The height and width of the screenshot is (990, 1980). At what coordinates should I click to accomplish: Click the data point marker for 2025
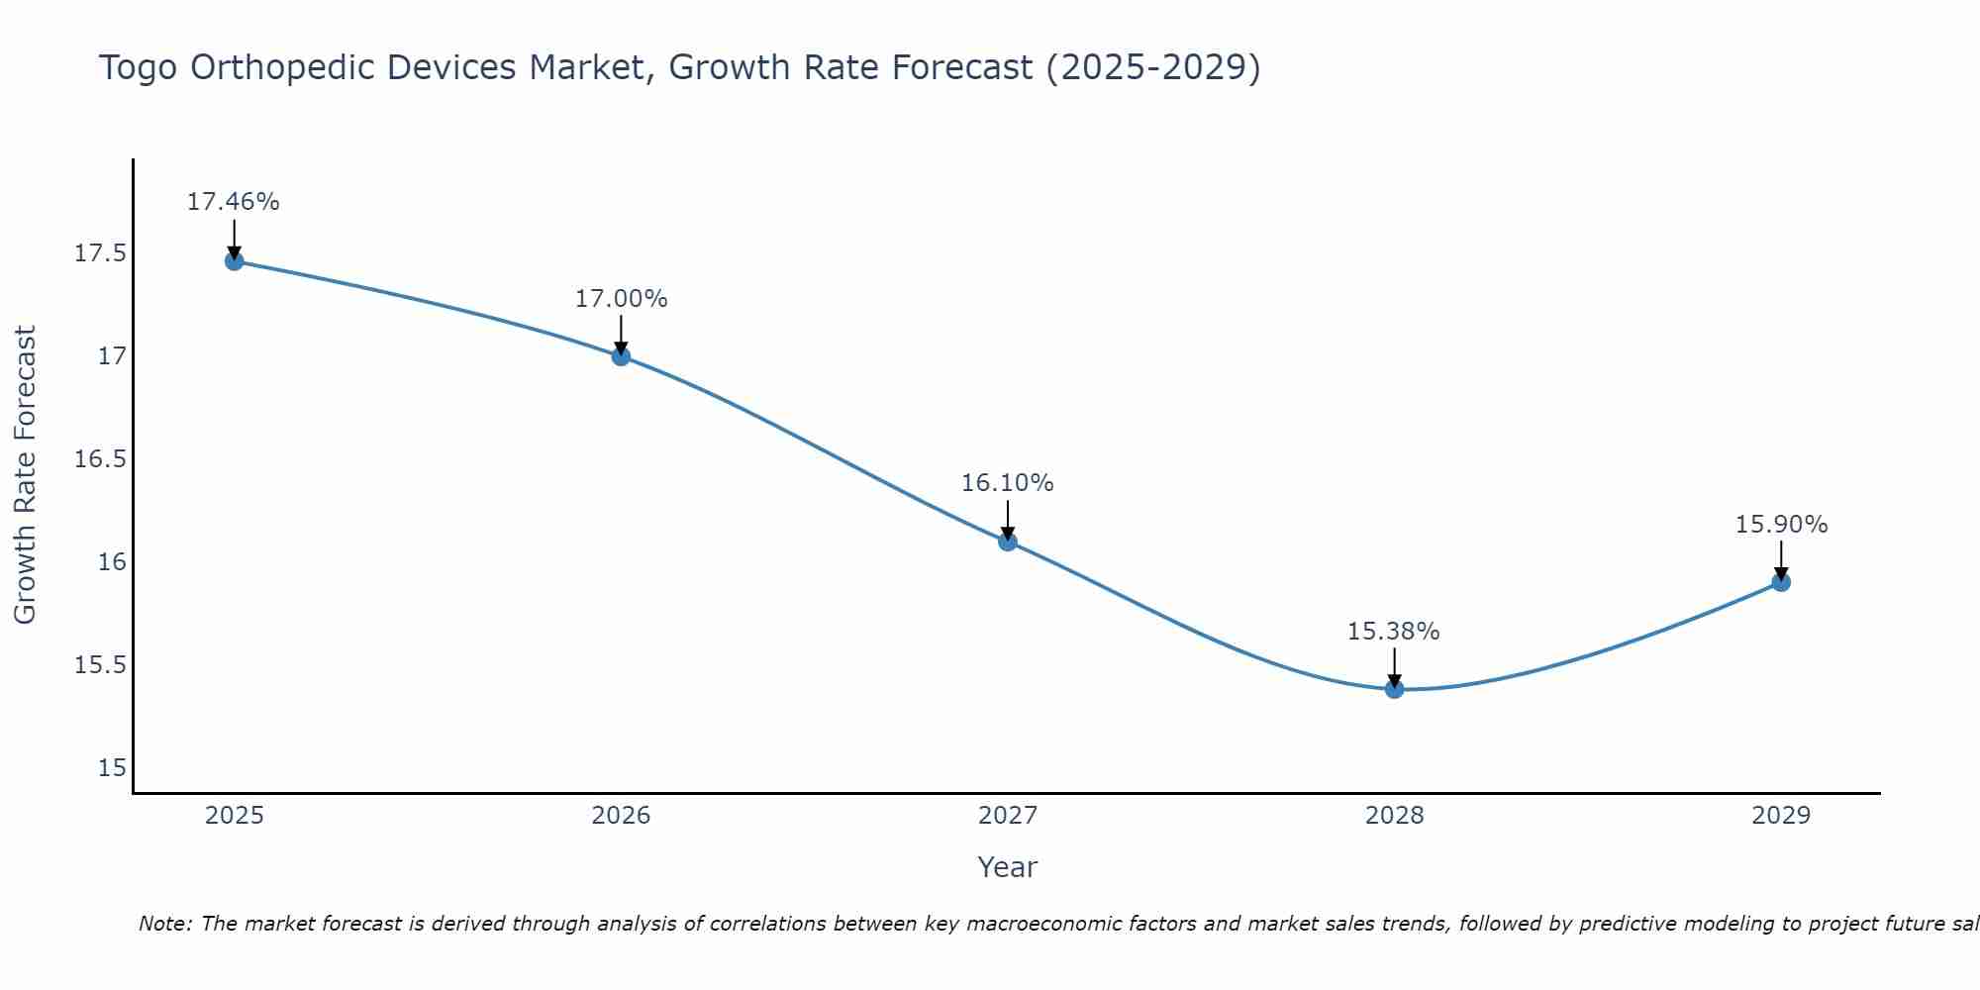click(234, 261)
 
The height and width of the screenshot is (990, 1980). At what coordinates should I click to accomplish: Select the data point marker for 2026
click(621, 355)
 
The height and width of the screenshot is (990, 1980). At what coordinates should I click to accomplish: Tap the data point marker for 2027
click(1008, 541)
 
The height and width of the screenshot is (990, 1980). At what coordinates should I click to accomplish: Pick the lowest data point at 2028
click(1394, 688)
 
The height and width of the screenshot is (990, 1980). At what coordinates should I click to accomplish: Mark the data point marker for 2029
click(1781, 582)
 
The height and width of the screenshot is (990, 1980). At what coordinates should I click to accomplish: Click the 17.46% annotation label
click(234, 202)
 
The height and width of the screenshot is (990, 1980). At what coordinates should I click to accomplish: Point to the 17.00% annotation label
click(621, 299)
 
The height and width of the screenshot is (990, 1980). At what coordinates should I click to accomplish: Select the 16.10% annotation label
click(1008, 483)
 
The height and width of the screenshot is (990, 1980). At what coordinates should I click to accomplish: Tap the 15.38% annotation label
click(1394, 632)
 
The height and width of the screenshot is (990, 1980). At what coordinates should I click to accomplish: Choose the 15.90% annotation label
click(1781, 525)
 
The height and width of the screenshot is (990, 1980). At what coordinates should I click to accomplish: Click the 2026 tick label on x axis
click(621, 816)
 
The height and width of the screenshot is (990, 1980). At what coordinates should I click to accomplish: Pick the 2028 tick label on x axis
click(1394, 816)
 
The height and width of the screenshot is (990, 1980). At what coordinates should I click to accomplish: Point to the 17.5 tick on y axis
click(100, 254)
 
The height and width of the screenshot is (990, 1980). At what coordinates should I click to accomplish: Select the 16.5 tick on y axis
click(100, 459)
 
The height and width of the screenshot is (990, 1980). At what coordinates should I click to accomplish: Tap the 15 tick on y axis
click(112, 768)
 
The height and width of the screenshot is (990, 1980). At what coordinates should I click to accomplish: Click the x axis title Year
click(1007, 867)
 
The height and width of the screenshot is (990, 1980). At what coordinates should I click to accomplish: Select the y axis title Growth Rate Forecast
click(25, 475)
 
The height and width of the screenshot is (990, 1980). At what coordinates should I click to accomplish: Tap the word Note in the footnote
click(165, 924)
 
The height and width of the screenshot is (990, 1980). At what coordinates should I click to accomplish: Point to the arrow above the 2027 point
click(1008, 519)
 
